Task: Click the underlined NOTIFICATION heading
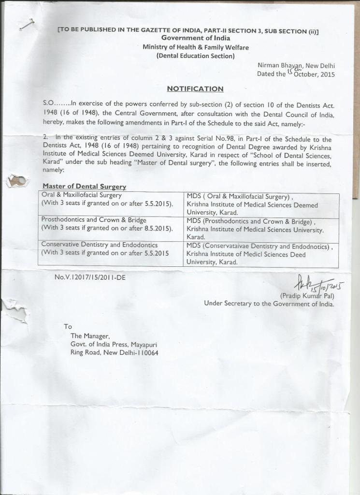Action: (x=195, y=89)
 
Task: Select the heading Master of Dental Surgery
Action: (x=84, y=187)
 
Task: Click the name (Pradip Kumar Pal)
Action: (x=307, y=296)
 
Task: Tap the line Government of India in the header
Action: (x=196, y=38)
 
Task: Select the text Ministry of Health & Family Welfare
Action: (x=196, y=47)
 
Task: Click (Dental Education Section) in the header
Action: (x=195, y=56)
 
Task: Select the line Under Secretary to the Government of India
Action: (x=269, y=304)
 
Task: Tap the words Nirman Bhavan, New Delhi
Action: (x=296, y=66)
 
